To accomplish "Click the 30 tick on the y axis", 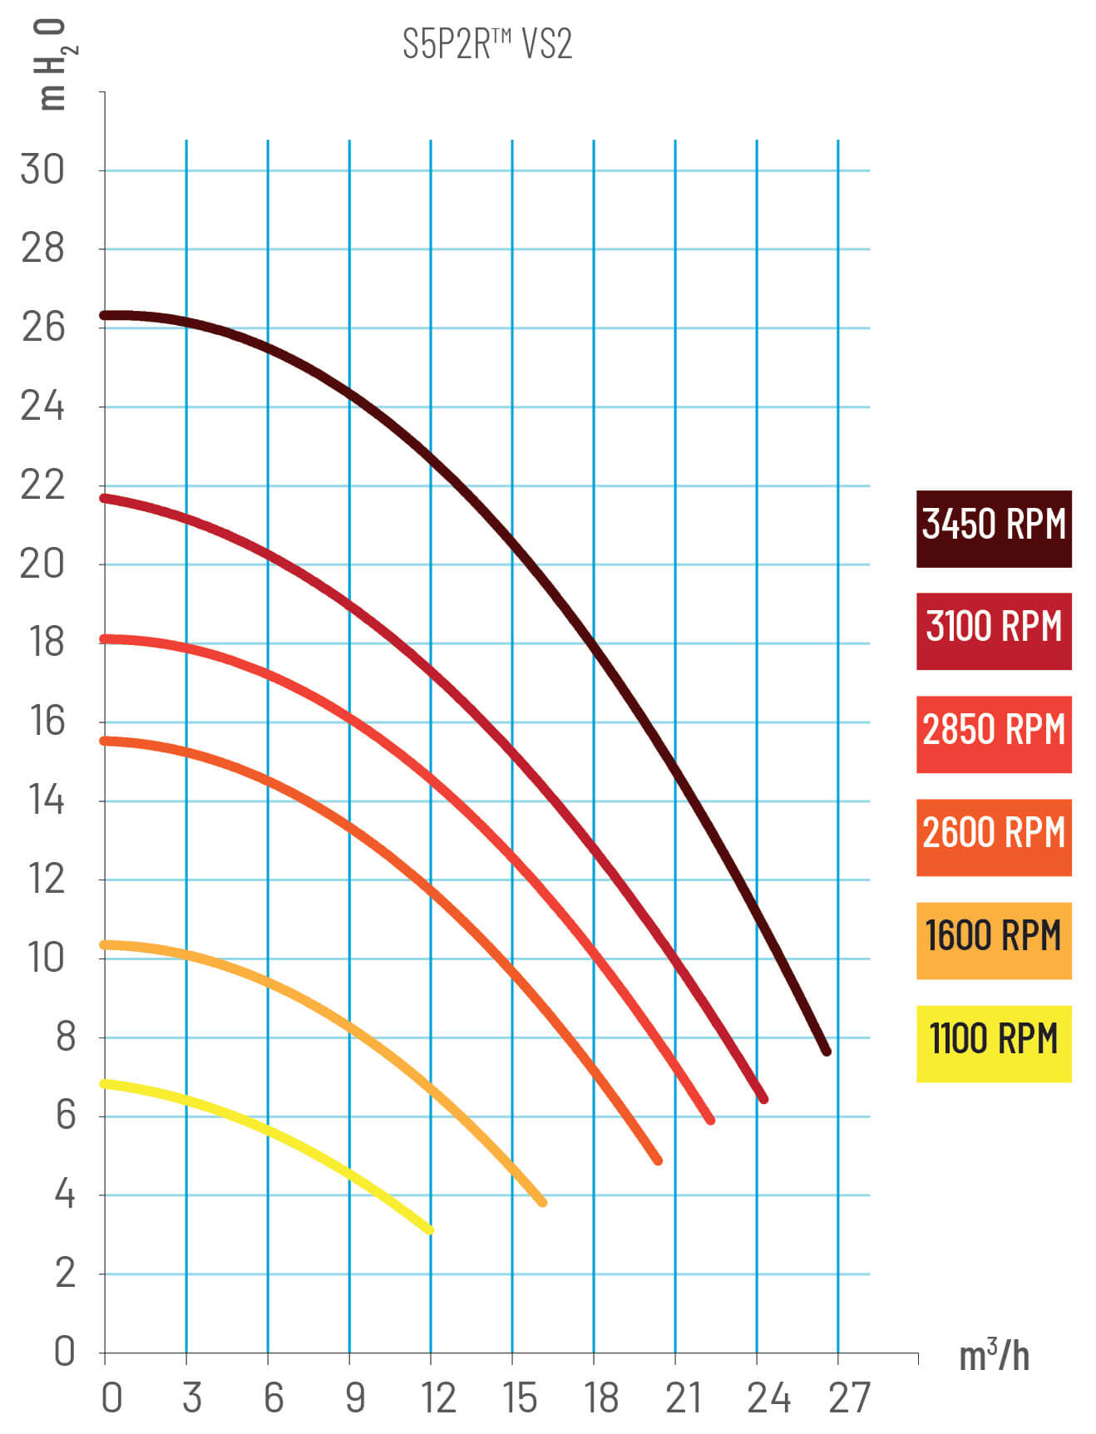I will (x=42, y=170).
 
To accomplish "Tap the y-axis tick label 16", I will (x=47, y=722).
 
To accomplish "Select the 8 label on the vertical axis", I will (x=65, y=1037).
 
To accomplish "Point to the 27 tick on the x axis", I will (x=849, y=1398).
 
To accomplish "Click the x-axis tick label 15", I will (x=520, y=1398).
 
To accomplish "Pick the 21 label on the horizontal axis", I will (x=684, y=1398).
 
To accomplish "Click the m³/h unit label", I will (x=994, y=1357).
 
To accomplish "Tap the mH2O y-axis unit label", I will (x=52, y=65).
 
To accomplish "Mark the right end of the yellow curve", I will (x=430, y=1229).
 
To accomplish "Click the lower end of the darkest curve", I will (x=827, y=1052).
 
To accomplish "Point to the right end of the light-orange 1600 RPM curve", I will (x=543, y=1202).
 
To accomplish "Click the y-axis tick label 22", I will (x=42, y=485).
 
